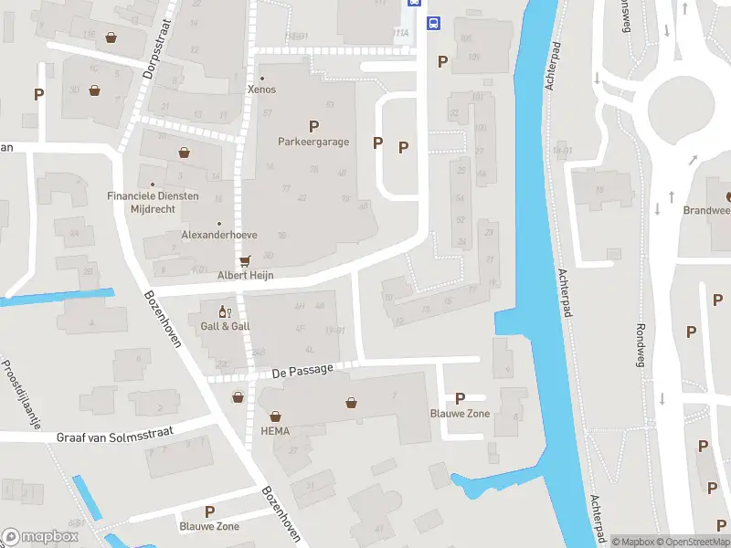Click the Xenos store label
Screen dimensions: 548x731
[261, 90]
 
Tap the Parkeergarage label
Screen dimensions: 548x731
[313, 142]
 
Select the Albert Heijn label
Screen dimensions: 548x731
[245, 275]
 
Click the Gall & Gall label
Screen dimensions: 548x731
[225, 326]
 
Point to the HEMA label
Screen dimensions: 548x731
[275, 431]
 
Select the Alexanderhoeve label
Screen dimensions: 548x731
[218, 235]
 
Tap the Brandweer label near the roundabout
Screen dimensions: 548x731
[707, 209]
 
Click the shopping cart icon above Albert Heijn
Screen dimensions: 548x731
[244, 260]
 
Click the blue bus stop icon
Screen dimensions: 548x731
[435, 24]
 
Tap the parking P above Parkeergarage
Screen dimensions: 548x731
[313, 126]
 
